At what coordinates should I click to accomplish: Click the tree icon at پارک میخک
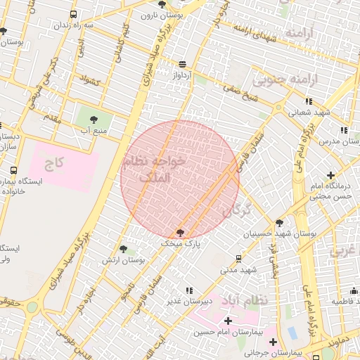(181, 233)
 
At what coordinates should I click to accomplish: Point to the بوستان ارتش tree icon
(124, 249)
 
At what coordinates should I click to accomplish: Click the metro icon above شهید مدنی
(239, 258)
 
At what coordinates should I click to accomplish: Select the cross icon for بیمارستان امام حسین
(227, 321)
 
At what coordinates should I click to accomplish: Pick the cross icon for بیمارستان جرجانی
(273, 342)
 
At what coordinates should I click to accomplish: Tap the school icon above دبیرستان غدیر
(188, 290)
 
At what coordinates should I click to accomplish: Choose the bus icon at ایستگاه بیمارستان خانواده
(14, 170)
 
